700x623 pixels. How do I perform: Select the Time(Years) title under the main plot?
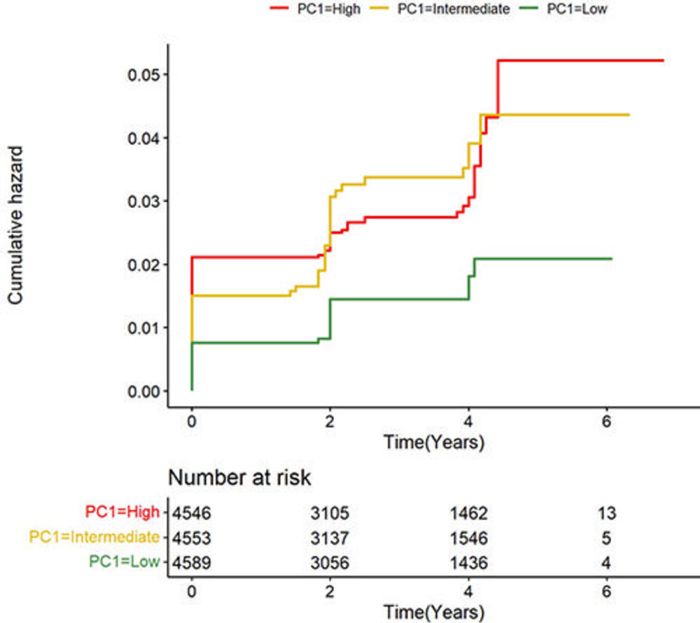point(433,442)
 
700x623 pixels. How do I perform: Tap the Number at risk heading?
point(239,478)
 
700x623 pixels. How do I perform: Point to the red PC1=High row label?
point(122,512)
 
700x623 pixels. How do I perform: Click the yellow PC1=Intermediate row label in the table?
point(94,537)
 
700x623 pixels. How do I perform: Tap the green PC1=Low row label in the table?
point(125,561)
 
